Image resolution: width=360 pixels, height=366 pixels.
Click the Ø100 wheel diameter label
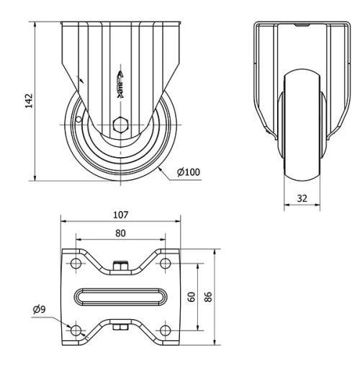pos(189,171)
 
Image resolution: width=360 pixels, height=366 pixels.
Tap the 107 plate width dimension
pos(120,215)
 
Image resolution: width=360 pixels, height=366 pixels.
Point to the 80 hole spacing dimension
pos(120,233)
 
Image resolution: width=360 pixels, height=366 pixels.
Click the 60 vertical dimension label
pos(191,296)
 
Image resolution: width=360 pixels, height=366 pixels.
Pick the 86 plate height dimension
pos(209,296)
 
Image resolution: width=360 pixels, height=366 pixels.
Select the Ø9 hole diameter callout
pos(40,311)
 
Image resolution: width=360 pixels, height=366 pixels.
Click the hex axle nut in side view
pos(120,122)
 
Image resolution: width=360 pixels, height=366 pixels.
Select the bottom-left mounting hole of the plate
pos(75,330)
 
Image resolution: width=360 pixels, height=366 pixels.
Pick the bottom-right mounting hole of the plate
pos(166,330)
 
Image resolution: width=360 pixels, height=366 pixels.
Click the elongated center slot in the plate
pos(120,296)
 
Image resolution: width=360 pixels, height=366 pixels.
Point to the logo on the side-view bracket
pos(120,86)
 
